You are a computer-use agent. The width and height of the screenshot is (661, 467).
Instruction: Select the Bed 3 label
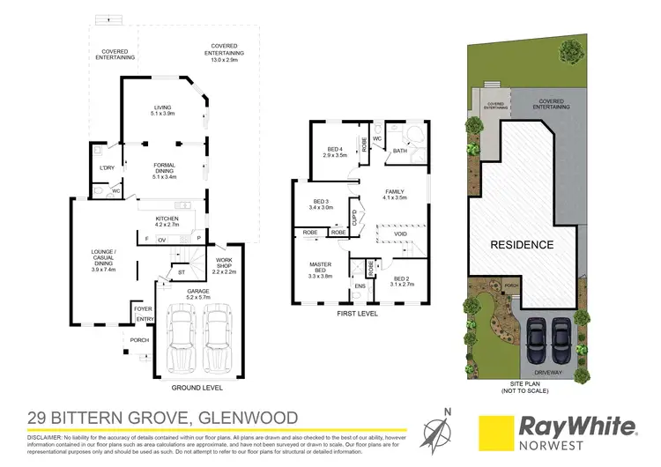pos(322,204)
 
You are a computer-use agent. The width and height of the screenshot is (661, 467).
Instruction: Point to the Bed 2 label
pos(402,280)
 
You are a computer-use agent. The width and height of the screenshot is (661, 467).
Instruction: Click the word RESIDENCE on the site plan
pos(522,245)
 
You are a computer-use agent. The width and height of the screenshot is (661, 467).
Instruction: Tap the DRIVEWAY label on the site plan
pos(547,374)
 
